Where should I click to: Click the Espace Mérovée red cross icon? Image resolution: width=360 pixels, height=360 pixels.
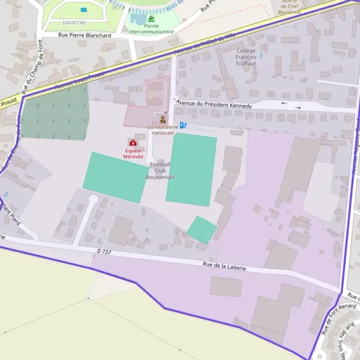(x=133, y=143)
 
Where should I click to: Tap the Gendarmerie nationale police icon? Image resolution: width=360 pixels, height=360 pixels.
(x=163, y=119)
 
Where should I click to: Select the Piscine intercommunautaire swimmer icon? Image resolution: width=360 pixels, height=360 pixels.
(x=151, y=19)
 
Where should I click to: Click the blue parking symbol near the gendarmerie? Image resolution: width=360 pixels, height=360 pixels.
(x=183, y=125)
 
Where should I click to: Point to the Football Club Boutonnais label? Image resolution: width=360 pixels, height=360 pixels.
(x=160, y=170)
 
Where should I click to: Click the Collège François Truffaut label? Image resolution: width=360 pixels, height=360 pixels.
(x=246, y=56)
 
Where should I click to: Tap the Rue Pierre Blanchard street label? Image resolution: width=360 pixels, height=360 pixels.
(x=85, y=35)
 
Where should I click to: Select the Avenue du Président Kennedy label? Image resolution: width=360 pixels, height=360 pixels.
(x=214, y=104)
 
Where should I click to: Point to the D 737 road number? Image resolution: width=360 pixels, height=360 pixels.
(x=104, y=252)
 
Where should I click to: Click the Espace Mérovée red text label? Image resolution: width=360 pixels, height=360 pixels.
(x=133, y=153)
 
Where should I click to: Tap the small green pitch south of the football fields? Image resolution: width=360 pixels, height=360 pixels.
(x=201, y=230)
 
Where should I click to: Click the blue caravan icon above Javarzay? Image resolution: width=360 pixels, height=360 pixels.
(x=83, y=10)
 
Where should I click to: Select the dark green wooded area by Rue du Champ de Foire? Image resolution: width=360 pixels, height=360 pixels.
(x=56, y=114)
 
